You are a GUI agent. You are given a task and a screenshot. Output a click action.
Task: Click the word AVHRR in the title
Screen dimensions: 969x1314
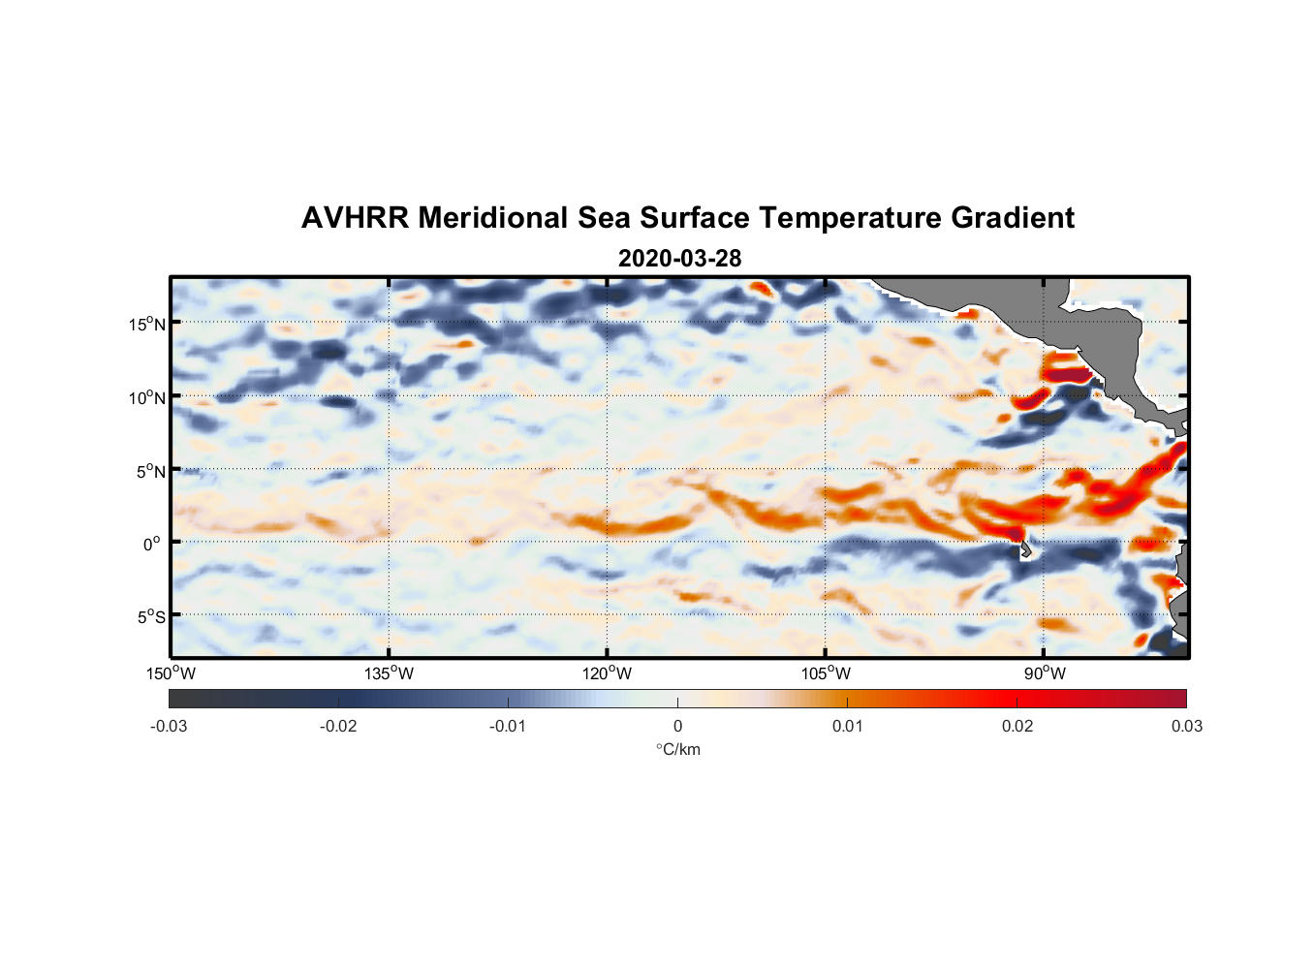[354, 218]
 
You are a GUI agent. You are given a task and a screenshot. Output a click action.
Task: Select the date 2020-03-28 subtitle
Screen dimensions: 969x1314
[679, 259]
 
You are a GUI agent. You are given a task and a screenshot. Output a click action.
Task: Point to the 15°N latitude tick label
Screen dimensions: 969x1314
[146, 324]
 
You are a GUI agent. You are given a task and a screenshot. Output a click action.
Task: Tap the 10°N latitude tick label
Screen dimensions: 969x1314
[146, 397]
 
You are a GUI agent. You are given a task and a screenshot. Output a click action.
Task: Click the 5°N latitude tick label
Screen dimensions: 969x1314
[150, 471]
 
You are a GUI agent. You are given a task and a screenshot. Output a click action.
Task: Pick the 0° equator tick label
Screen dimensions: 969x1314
[152, 544]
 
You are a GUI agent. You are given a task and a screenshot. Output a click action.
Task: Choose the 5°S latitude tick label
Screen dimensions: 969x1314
[150, 616]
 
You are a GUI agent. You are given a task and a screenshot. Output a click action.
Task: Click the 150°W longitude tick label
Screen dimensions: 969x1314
[171, 673]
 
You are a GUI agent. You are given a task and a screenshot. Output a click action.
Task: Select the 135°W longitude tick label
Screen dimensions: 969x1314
[389, 673]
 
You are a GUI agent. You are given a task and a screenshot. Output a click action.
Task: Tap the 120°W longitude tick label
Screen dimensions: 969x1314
[607, 673]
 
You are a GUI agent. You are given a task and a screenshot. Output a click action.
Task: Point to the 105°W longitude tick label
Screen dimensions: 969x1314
[826, 673]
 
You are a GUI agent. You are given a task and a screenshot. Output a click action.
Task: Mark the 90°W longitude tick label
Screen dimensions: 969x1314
[1045, 673]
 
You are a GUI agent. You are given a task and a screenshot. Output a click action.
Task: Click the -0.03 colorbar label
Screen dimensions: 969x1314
[169, 726]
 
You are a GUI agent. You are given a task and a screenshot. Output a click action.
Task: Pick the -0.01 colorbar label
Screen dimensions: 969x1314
[508, 726]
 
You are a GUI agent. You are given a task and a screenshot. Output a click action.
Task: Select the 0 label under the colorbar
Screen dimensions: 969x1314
[677, 726]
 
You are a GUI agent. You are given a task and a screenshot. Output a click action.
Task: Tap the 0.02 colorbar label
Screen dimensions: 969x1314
[1017, 726]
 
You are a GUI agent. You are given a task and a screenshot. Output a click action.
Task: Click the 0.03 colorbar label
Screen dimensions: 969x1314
[1186, 726]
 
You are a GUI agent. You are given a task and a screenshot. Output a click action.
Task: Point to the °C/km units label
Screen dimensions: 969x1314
[677, 749]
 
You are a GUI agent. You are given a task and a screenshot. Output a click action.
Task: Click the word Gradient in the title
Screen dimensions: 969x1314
[1012, 218]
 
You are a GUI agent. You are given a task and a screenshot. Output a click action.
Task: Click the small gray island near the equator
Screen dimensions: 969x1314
[1025, 549]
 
